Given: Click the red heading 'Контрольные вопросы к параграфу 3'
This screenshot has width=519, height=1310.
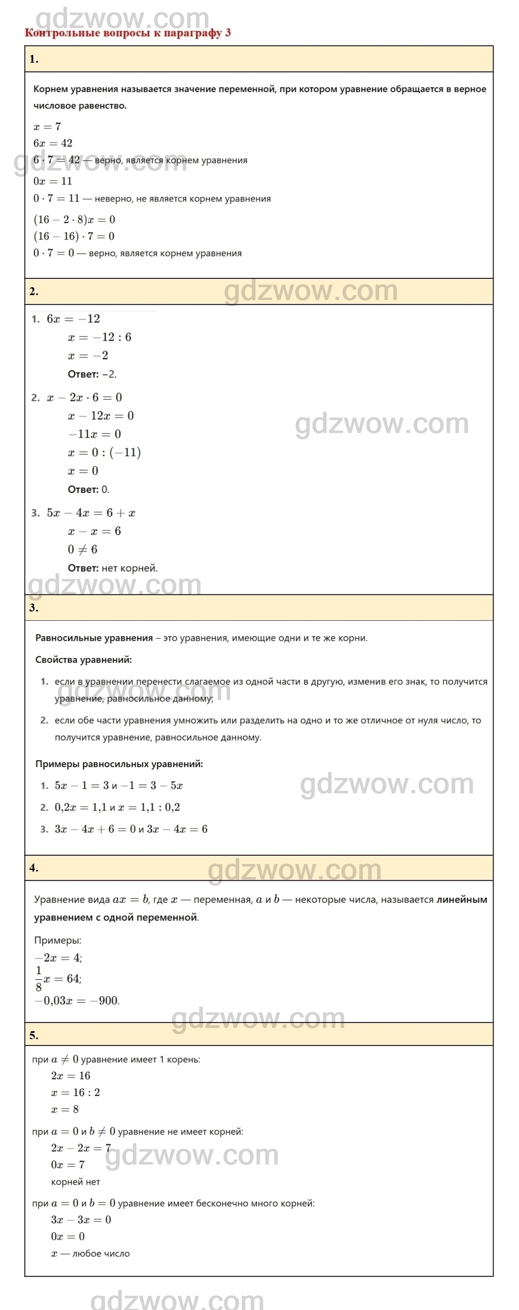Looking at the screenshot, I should pyautogui.click(x=127, y=33).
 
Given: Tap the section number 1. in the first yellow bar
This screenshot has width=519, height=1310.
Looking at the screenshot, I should pyautogui.click(x=33, y=59).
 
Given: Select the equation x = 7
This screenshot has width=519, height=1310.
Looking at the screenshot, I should pyautogui.click(x=47, y=127).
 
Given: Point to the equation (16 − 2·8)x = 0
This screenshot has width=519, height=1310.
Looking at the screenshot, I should pyautogui.click(x=74, y=220).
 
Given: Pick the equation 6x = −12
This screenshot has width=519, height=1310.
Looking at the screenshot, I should pyautogui.click(x=73, y=319).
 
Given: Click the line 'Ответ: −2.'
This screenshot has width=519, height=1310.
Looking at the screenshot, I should pyautogui.click(x=92, y=374).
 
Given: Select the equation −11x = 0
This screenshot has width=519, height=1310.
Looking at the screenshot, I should pyautogui.click(x=94, y=434).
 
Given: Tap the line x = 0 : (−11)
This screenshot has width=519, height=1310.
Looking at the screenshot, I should pyautogui.click(x=104, y=453).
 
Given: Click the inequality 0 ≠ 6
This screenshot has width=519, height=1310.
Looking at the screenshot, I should pyautogui.click(x=82, y=550).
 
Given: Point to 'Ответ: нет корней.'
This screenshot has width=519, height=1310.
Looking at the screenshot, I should pyautogui.click(x=112, y=568).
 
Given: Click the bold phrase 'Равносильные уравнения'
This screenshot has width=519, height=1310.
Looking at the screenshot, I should pyautogui.click(x=94, y=638).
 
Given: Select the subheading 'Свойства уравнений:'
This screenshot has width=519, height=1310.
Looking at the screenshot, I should pyautogui.click(x=83, y=660).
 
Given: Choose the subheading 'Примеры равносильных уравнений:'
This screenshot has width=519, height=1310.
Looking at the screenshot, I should pyautogui.click(x=119, y=764).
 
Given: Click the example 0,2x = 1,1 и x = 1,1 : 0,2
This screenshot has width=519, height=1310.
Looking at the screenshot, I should pyautogui.click(x=117, y=808).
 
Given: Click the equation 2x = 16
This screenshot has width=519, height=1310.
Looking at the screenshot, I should pyautogui.click(x=70, y=1076).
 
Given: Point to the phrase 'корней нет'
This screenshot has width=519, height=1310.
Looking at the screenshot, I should pyautogui.click(x=75, y=1182).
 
